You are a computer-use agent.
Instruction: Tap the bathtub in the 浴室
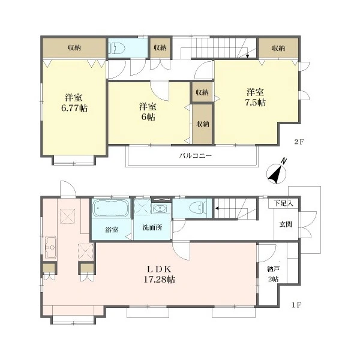coord(110,208)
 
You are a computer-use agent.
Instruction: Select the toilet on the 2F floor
coord(116,48)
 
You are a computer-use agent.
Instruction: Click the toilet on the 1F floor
coord(198,208)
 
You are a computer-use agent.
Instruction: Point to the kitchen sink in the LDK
coord(50,247)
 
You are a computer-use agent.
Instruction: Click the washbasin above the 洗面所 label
coord(160,208)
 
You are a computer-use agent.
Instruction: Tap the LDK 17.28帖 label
coord(160,274)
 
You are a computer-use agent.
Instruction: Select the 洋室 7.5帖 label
coord(256,97)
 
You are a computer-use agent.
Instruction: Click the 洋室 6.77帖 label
coord(74,103)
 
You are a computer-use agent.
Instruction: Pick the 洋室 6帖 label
coord(148,112)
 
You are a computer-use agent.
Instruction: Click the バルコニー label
coord(196,156)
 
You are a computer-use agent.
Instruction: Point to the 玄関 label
coord(286,224)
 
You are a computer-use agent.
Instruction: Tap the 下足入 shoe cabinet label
coord(284,203)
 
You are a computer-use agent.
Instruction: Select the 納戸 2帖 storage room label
coord(273,274)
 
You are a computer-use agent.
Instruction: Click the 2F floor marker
coord(299,142)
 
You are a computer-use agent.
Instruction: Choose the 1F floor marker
coord(296,305)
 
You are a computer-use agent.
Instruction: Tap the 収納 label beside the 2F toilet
coord(160,48)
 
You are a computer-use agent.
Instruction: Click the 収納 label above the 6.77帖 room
coord(74,48)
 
